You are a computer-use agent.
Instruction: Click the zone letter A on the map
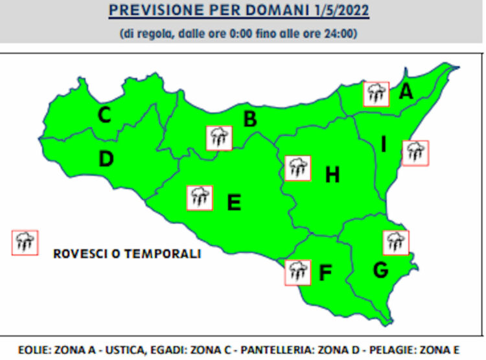tap(406, 92)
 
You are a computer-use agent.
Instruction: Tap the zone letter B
tap(249, 119)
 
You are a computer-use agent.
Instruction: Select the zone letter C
tap(104, 115)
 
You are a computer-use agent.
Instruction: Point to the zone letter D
tap(106, 159)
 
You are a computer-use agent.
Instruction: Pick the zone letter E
tap(234, 203)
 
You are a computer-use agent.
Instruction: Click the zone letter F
tap(325, 273)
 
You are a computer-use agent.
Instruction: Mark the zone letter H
tap(332, 174)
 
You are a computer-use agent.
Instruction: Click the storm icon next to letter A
tap(375, 94)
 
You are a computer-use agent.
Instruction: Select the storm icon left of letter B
tap(219, 138)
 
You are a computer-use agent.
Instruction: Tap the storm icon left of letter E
tap(199, 197)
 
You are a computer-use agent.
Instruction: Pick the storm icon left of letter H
tap(297, 168)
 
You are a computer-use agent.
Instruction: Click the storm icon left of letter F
tap(297, 272)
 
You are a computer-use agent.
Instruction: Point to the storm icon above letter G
tap(395, 242)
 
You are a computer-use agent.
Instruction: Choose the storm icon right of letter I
tap(415, 153)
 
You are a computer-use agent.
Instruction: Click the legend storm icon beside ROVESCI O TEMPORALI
tap(25, 242)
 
